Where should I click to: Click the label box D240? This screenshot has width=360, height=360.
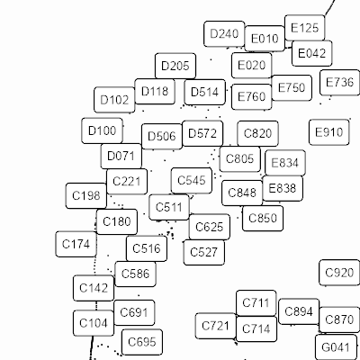point(224,34)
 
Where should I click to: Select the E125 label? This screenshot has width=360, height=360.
point(305,28)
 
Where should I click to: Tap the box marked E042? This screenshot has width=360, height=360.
point(312,53)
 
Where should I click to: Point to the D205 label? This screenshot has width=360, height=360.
point(175,66)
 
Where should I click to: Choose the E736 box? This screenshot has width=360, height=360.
point(339,83)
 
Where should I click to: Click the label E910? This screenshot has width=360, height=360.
point(329,132)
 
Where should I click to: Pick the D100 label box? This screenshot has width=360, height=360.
point(103,130)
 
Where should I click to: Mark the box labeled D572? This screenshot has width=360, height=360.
point(202,133)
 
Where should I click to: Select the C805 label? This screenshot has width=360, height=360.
point(240,159)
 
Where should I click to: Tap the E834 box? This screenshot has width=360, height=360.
point(285,163)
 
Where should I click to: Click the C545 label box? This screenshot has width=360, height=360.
point(192,181)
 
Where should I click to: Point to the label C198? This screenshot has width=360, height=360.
point(86,195)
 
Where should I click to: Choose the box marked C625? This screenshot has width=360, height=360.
point(210,227)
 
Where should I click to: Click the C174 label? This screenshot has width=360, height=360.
point(76,244)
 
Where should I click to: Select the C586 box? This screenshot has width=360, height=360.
point(135,274)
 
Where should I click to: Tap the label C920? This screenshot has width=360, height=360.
point(339,273)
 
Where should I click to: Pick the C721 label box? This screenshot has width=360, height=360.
point(216,326)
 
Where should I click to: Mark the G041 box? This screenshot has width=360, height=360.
point(336,347)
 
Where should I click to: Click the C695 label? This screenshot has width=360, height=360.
point(142,342)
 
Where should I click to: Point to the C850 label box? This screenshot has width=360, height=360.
point(263,218)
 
